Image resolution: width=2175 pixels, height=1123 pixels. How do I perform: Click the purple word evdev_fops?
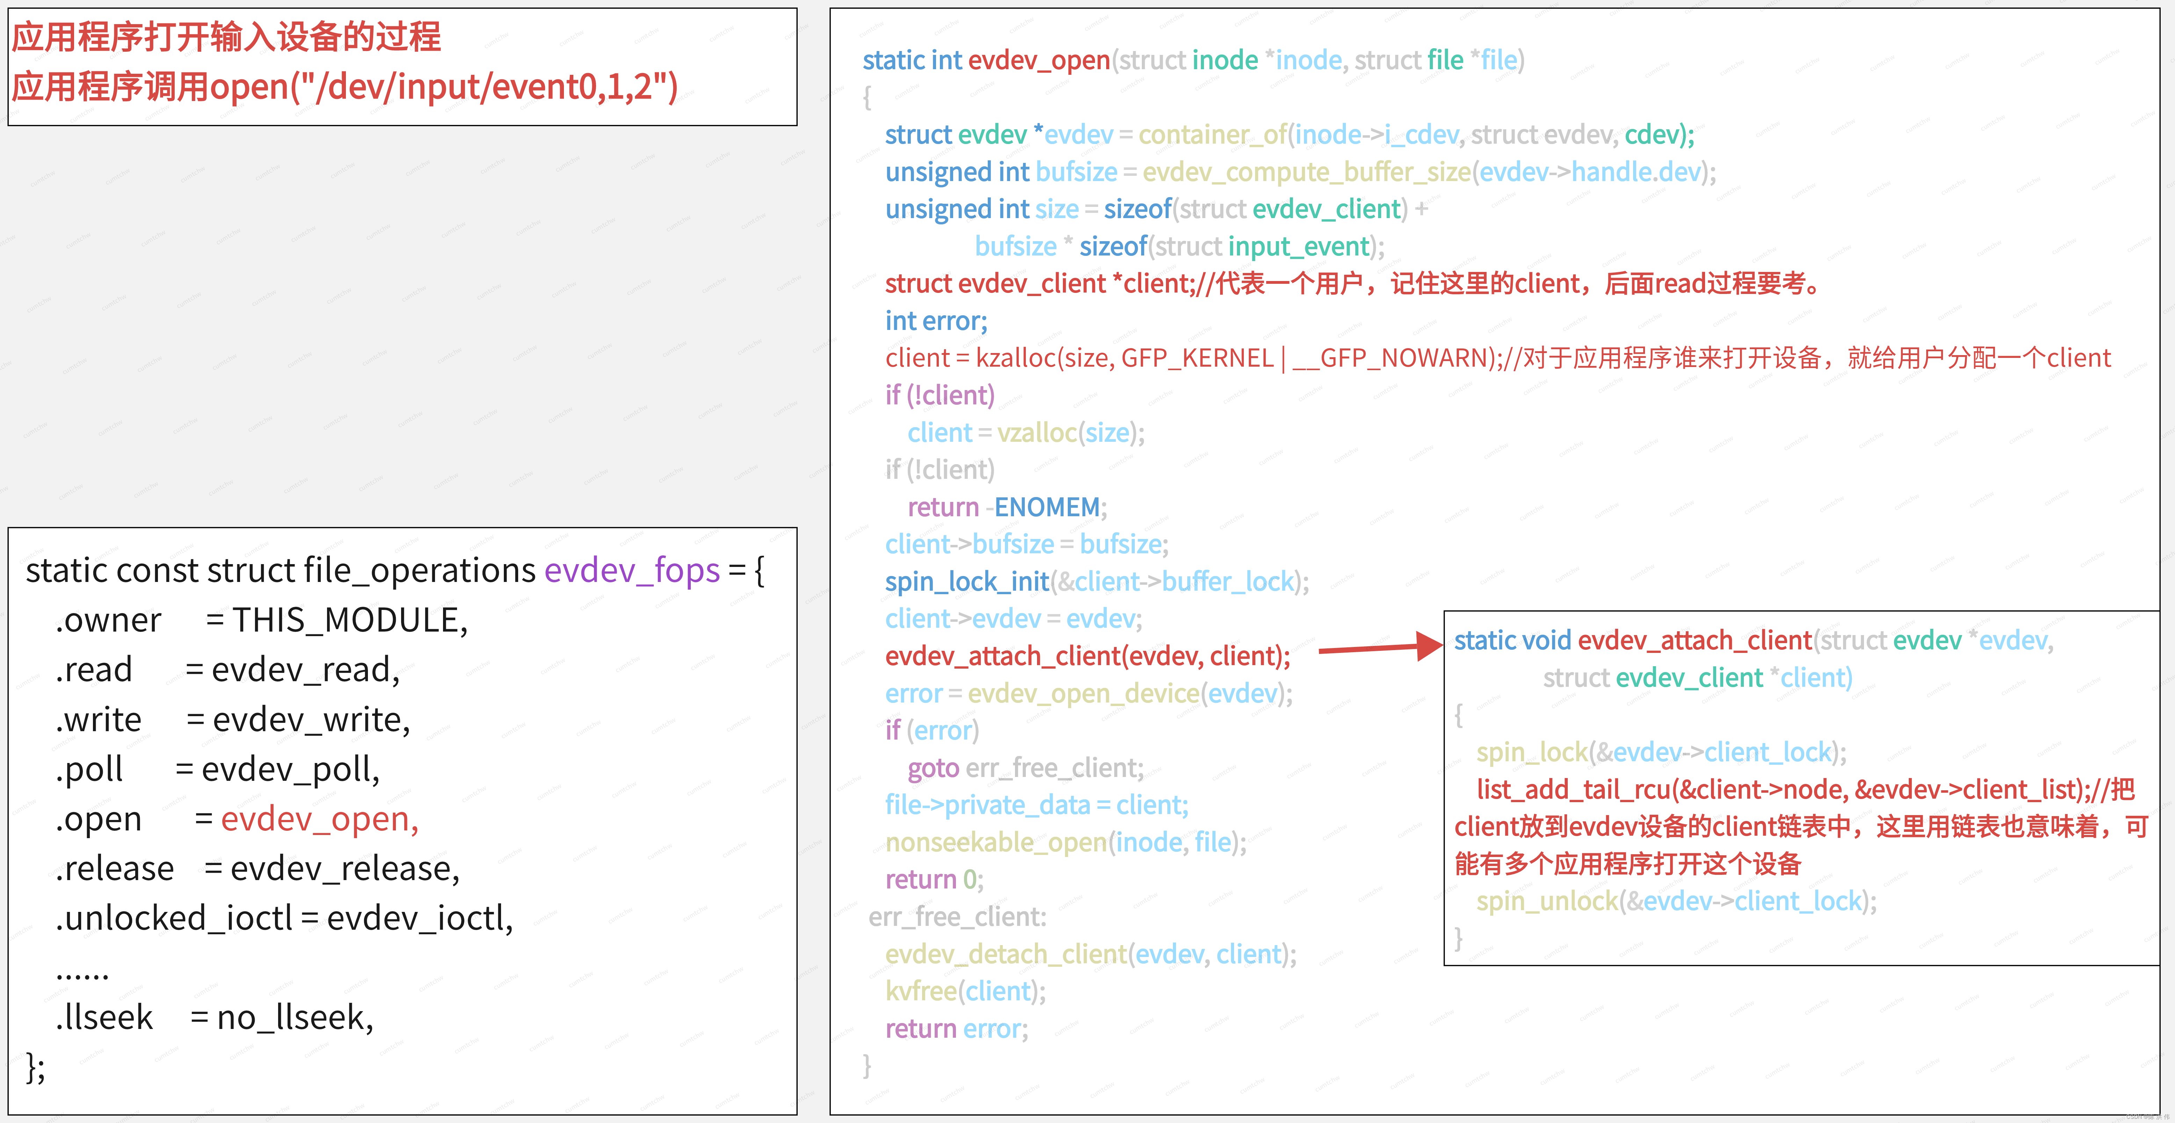632,571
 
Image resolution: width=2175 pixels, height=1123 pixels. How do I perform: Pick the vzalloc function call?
1037,433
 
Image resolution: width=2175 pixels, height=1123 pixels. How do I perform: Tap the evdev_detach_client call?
1005,954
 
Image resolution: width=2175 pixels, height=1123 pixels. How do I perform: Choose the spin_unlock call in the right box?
1547,902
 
